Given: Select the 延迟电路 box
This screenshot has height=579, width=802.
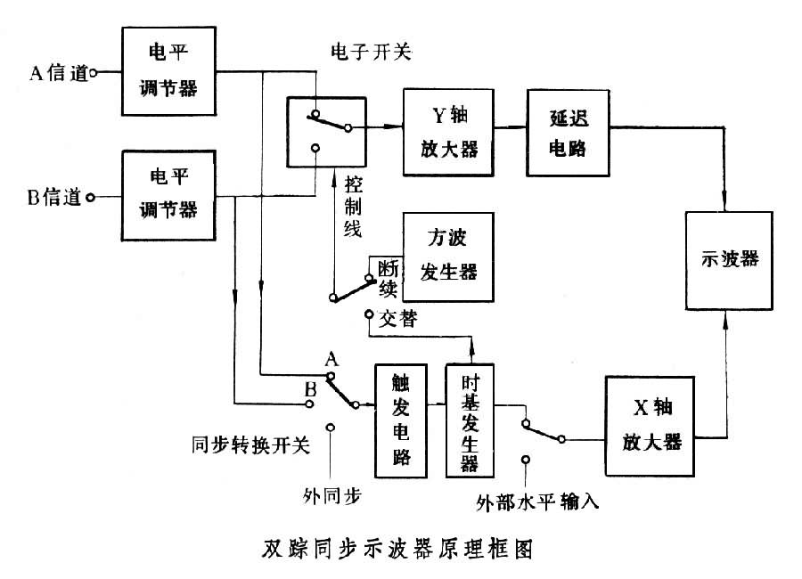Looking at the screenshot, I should point(569,125).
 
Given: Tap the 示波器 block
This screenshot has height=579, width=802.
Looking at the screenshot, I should point(729,260).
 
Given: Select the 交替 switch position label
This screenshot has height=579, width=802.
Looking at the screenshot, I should point(397,319).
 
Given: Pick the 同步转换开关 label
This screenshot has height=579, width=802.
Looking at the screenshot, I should point(251,445).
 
